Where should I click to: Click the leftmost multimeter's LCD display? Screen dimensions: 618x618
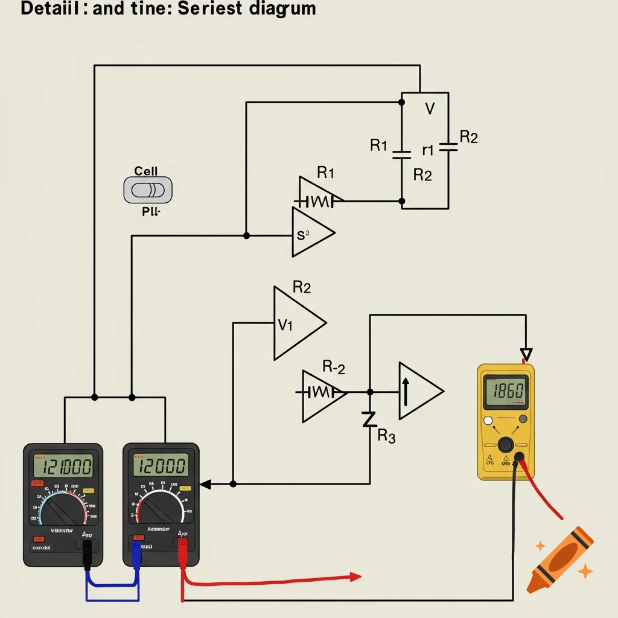(x=63, y=466)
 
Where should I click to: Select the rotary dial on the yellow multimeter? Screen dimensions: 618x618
(x=506, y=445)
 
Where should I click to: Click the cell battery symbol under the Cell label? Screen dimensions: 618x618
(x=148, y=190)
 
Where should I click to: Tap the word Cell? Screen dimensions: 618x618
(x=146, y=171)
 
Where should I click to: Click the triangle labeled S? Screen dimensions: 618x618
(x=310, y=234)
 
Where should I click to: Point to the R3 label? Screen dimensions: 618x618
(x=386, y=437)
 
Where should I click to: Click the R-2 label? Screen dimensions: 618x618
(x=334, y=366)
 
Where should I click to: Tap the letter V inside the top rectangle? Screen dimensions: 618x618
(x=430, y=109)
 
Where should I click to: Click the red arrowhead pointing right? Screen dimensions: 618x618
(x=355, y=577)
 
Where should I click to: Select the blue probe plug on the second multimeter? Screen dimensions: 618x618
(x=136, y=552)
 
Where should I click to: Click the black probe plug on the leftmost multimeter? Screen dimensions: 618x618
(x=88, y=552)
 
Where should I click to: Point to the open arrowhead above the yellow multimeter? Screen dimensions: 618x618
(x=526, y=354)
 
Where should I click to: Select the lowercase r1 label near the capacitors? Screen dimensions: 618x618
(x=428, y=150)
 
